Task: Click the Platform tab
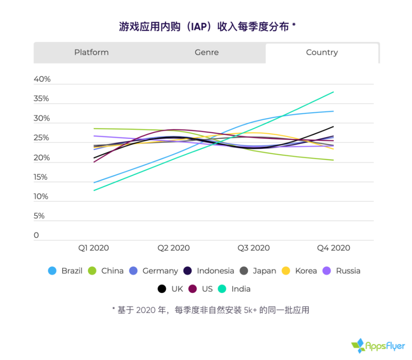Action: pyautogui.click(x=91, y=52)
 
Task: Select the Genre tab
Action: pyautogui.click(x=207, y=52)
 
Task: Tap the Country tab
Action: pyautogui.click(x=322, y=52)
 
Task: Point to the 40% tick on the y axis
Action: pyautogui.click(x=42, y=79)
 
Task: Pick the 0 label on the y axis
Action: pyautogui.click(x=36, y=235)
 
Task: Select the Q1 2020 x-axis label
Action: pyautogui.click(x=94, y=248)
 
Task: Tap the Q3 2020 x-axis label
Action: pyautogui.click(x=253, y=248)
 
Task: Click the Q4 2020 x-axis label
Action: pyautogui.click(x=333, y=248)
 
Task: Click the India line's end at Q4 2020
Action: pyautogui.click(x=333, y=92)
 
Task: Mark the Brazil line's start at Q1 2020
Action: pyautogui.click(x=94, y=183)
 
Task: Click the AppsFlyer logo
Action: pyautogui.click(x=378, y=346)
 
